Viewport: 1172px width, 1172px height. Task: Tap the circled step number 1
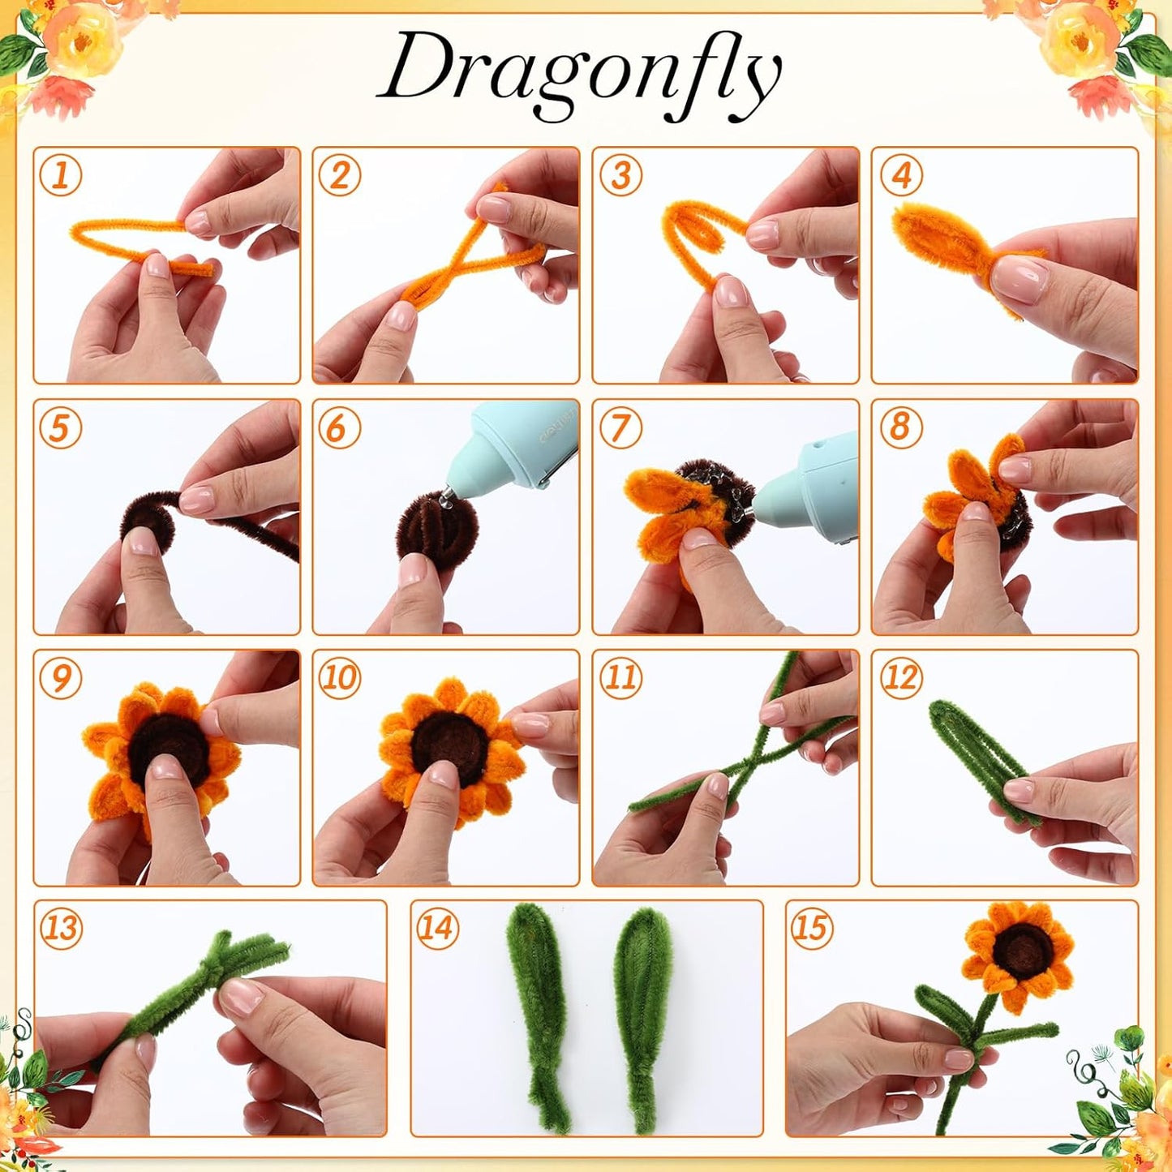[60, 175]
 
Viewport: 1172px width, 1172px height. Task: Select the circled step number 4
[900, 175]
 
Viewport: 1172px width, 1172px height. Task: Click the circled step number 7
[620, 427]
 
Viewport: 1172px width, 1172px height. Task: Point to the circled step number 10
[339, 677]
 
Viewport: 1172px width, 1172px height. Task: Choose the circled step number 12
[900, 677]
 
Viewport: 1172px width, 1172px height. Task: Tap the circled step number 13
[62, 928]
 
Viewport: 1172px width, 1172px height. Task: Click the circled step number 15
[811, 928]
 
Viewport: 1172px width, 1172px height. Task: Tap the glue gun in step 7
[811, 487]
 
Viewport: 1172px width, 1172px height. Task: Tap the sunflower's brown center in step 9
[166, 750]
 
